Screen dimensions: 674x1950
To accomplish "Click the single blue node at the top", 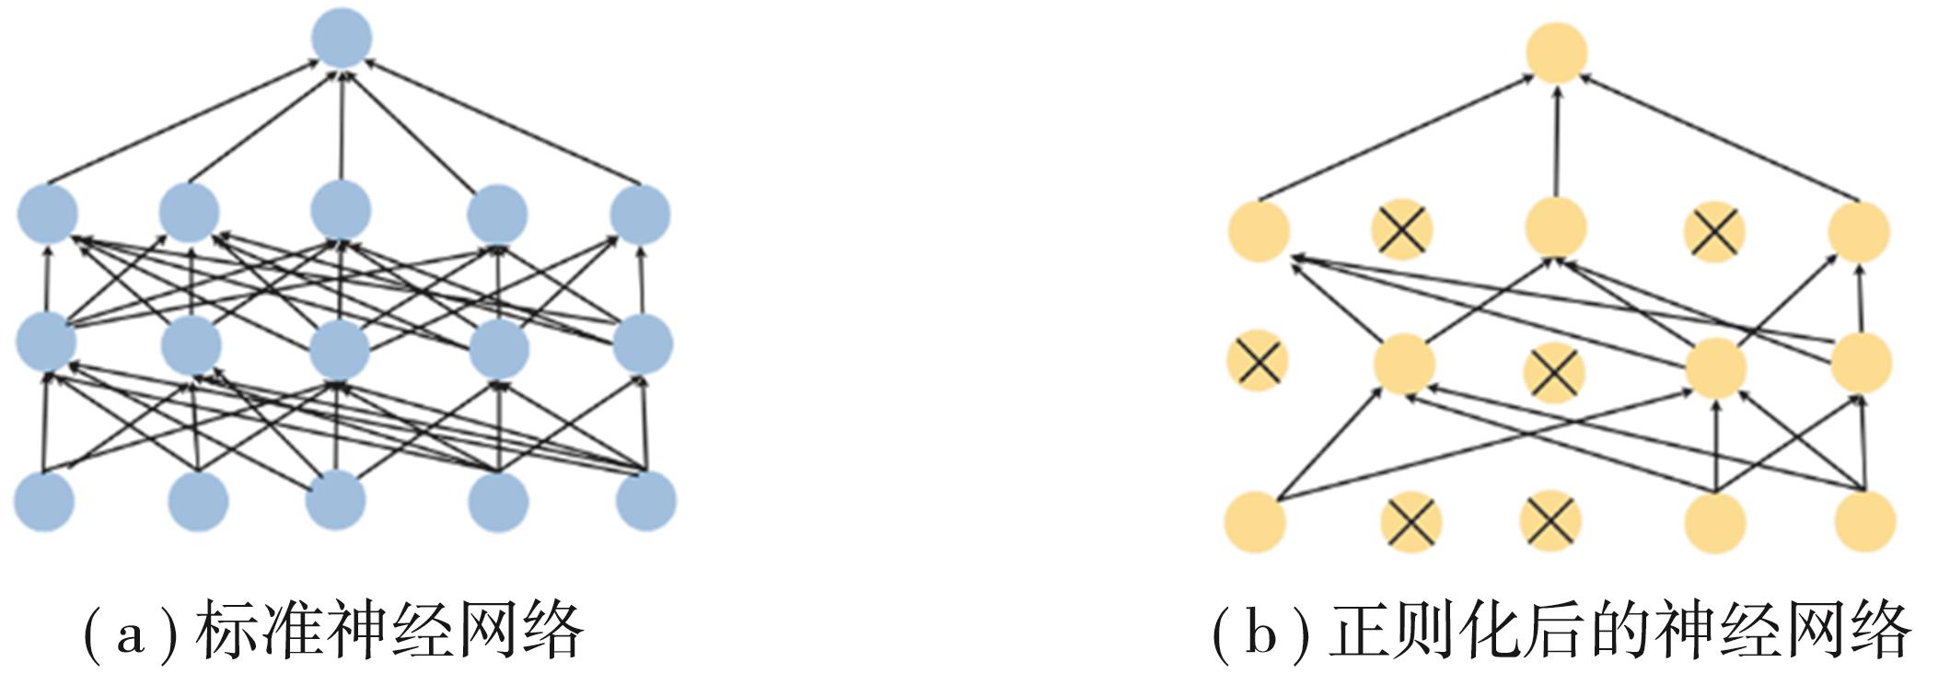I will click(x=342, y=38).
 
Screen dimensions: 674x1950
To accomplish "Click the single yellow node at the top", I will click(x=1556, y=52).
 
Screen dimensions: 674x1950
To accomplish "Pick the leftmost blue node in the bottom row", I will click(x=44, y=501).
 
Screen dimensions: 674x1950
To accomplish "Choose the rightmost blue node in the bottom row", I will click(x=646, y=501).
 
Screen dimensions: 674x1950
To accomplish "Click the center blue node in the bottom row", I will click(x=335, y=501).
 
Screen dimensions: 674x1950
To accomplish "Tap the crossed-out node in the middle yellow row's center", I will click(x=1553, y=373).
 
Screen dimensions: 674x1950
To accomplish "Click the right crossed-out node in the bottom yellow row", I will click(x=1550, y=519).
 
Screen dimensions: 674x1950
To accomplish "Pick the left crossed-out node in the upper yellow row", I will click(x=1401, y=229).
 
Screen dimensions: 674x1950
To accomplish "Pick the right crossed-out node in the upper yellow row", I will click(x=1713, y=231).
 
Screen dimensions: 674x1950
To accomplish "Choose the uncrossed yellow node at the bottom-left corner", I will click(x=1255, y=521).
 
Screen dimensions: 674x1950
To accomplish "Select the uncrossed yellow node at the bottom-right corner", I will click(x=1864, y=521).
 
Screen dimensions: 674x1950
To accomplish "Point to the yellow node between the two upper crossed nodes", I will click(x=1556, y=226).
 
